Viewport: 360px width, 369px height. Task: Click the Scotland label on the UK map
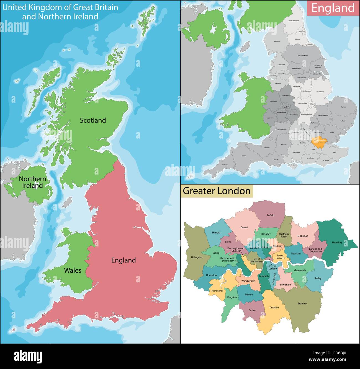coord(93,120)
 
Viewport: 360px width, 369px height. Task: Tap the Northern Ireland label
coord(32,182)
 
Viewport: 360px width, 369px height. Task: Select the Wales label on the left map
coord(73,270)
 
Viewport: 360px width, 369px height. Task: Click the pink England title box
coord(333,8)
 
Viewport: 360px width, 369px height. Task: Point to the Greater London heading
coord(217,191)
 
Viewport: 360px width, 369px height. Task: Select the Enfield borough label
coord(271,215)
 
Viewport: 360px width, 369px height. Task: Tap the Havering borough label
coord(337,243)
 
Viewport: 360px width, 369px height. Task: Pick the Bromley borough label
coord(302,303)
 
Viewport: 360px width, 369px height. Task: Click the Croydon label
coord(274,308)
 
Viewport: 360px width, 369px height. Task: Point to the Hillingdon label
coord(197,257)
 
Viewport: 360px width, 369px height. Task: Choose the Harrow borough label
coord(216,233)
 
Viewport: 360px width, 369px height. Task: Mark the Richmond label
coord(217,291)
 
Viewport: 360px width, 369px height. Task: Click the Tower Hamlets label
coord(280,257)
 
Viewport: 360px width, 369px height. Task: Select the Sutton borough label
coord(252,310)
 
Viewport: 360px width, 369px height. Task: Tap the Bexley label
coord(318,278)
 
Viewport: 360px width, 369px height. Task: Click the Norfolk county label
coord(343,107)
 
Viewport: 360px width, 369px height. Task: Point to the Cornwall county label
coord(225,165)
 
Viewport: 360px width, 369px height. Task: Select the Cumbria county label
coord(277,41)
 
